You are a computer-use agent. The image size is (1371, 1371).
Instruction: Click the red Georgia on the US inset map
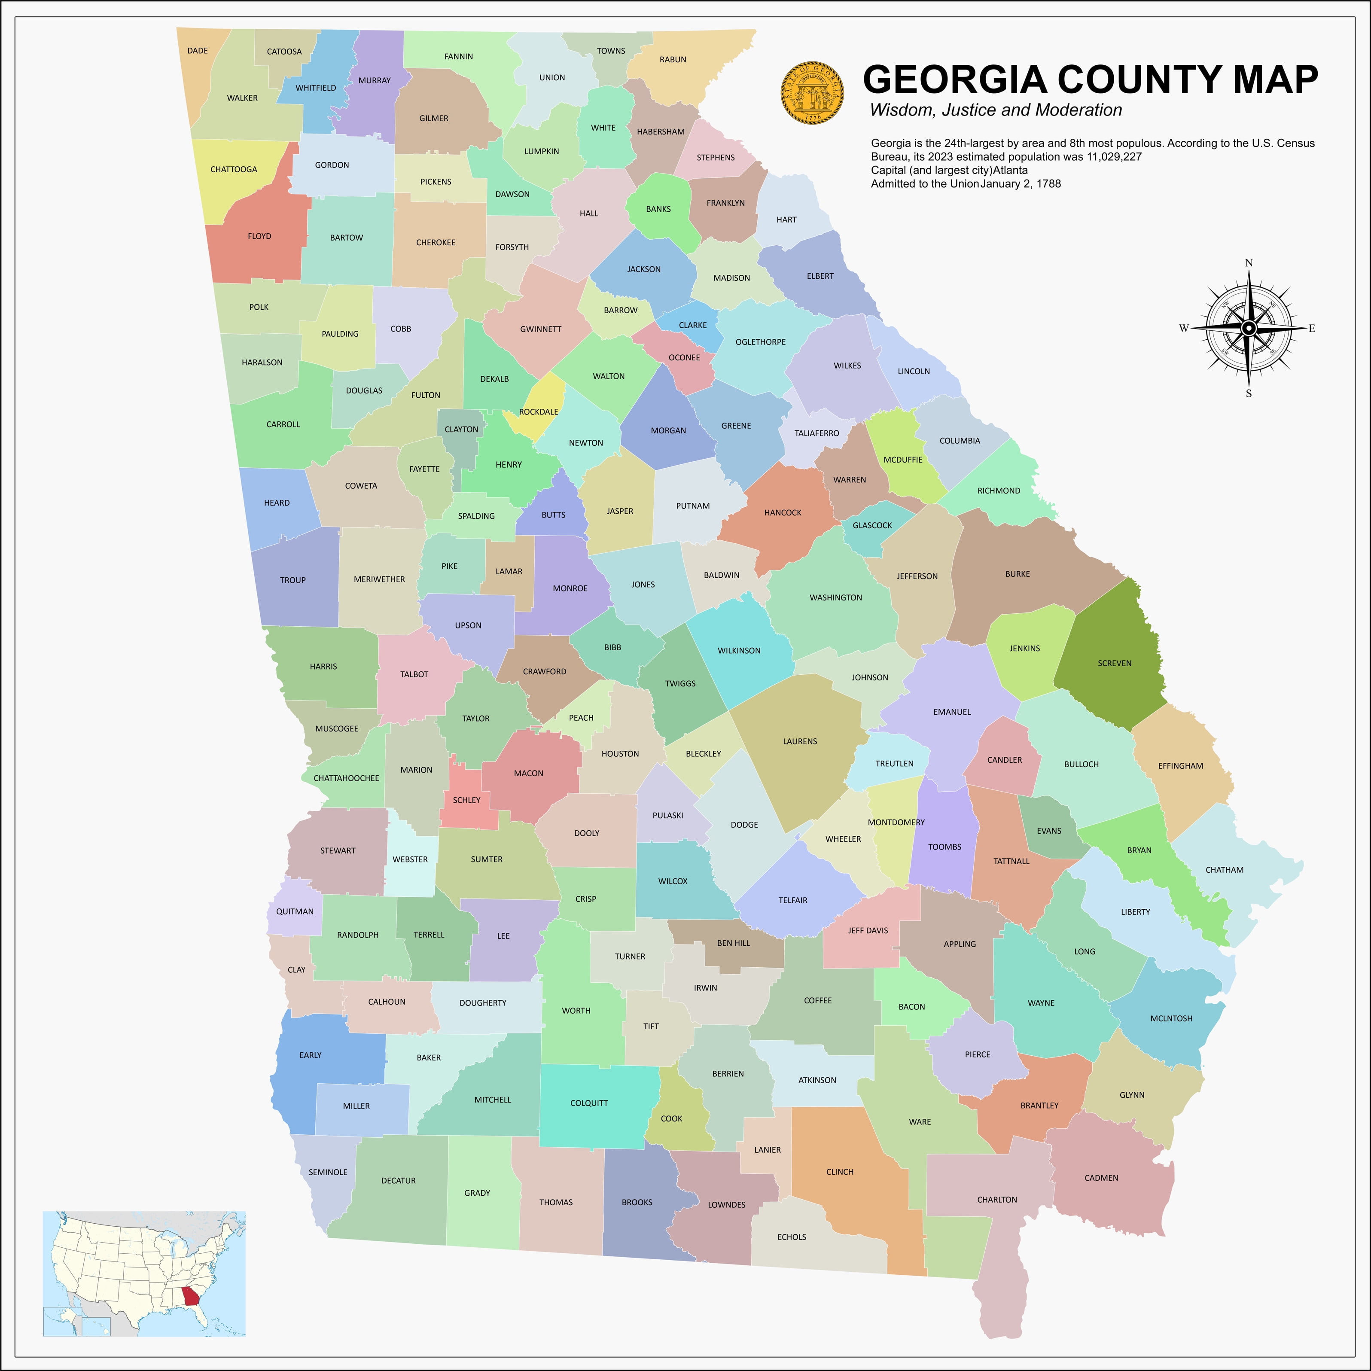191,1297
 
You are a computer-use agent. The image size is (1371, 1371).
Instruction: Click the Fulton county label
426,395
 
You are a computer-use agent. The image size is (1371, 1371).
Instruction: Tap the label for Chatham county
1224,870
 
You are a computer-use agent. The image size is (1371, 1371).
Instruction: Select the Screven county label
1114,664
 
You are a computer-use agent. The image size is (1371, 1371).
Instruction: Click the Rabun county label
673,60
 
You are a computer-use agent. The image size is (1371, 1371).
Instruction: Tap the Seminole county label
328,1172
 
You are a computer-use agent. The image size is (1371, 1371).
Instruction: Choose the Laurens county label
800,742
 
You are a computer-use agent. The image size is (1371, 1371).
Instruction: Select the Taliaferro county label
817,433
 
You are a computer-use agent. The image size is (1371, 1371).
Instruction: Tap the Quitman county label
295,912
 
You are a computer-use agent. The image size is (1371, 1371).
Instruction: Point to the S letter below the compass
1249,394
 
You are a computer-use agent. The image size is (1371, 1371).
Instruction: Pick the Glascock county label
872,526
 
